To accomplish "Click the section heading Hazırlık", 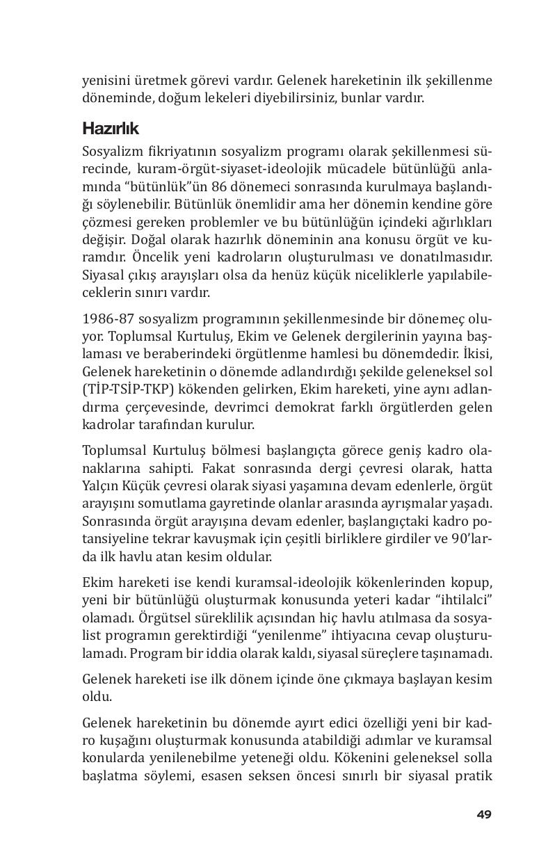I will (111, 129).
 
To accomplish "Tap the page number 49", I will (484, 814).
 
